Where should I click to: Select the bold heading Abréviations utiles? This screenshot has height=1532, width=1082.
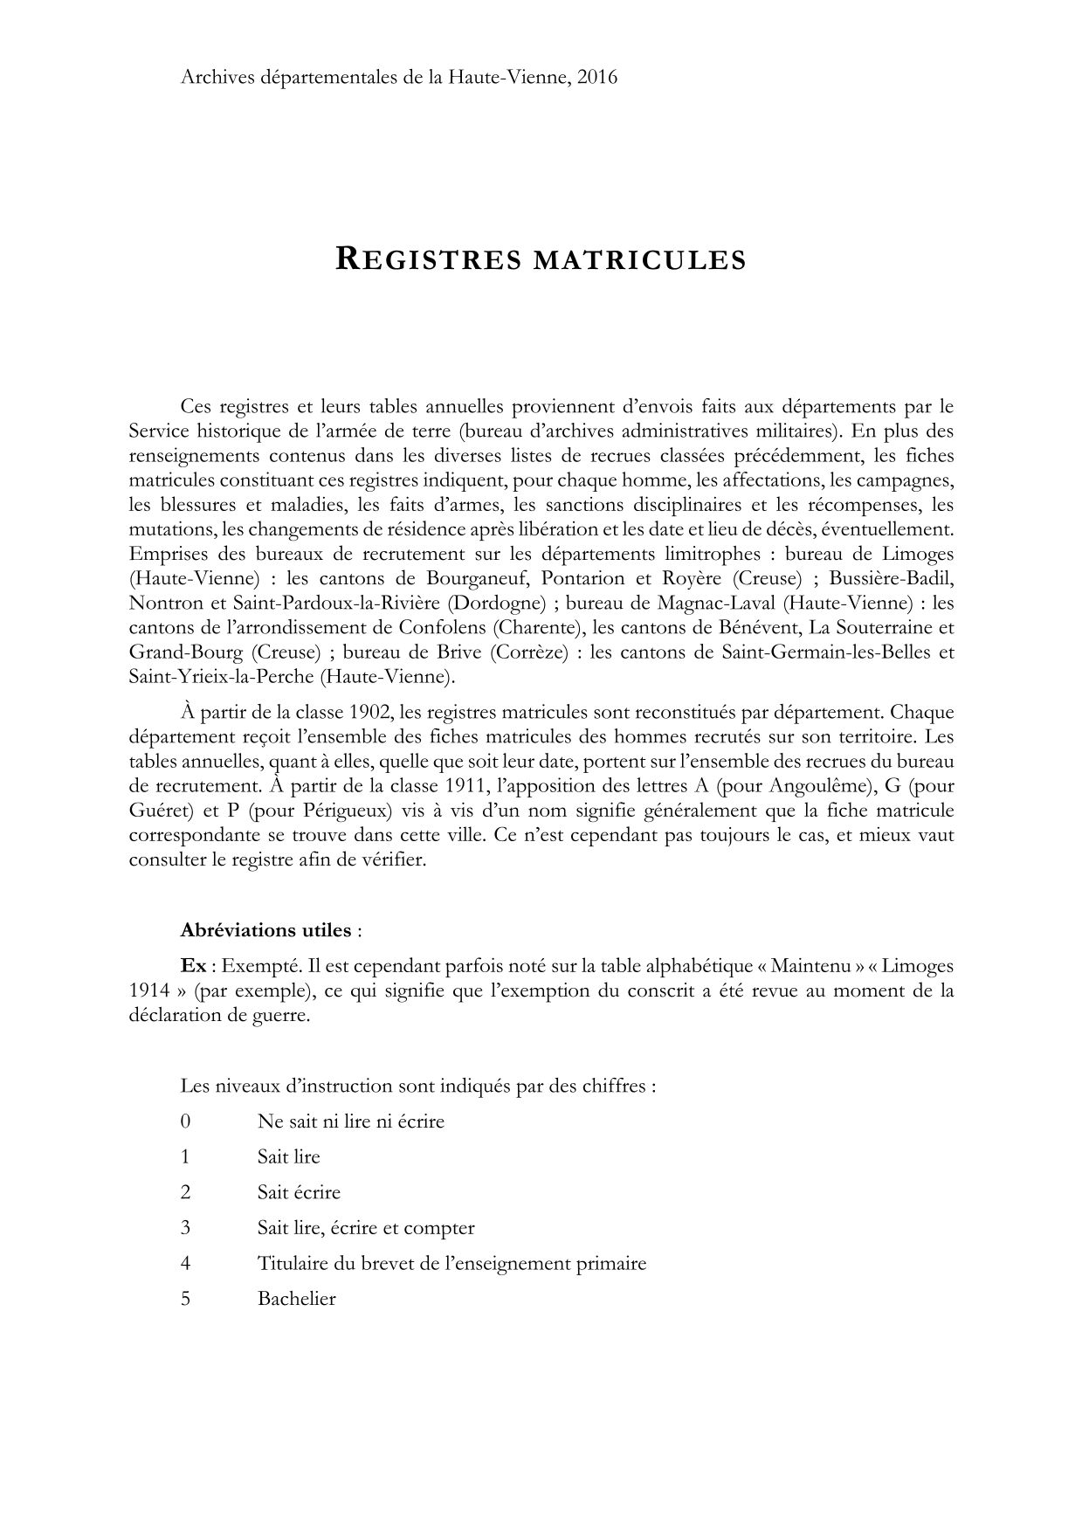(x=265, y=929)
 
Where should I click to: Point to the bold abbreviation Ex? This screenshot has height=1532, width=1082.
(x=193, y=966)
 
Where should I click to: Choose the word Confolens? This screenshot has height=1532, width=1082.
(x=443, y=627)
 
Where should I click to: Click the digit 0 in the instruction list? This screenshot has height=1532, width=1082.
(x=185, y=1121)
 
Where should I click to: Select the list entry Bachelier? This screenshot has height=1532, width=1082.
(x=296, y=1299)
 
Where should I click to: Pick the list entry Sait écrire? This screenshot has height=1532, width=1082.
(x=299, y=1192)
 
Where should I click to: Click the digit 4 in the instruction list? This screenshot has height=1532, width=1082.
(x=185, y=1263)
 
